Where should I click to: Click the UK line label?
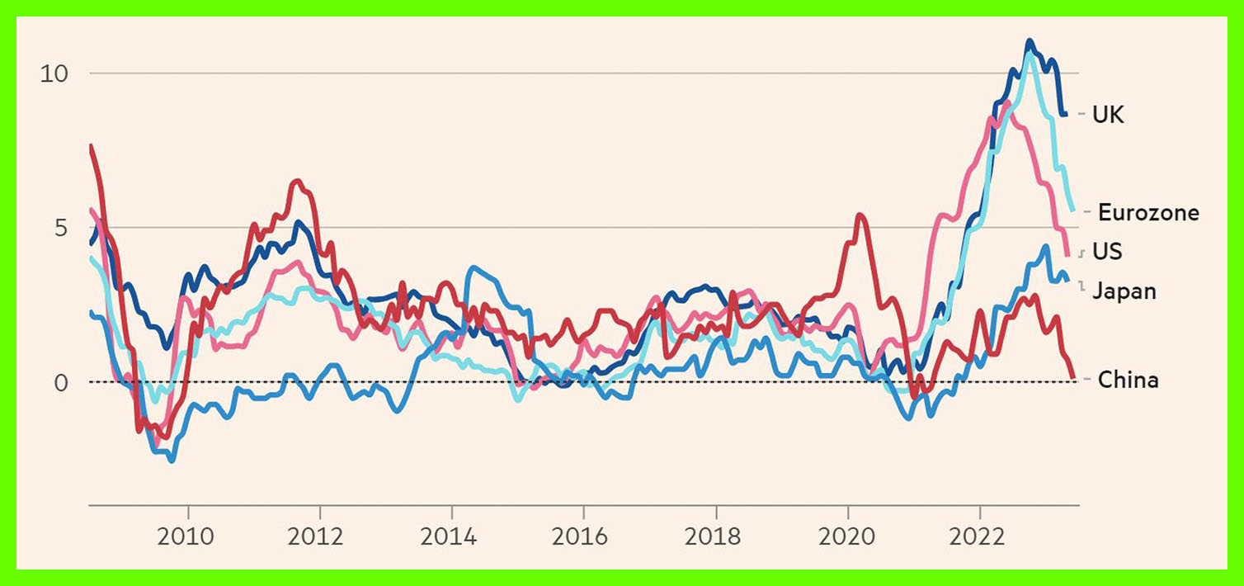click(x=1108, y=115)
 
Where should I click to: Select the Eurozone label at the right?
click(x=1147, y=213)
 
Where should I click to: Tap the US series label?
click(x=1107, y=251)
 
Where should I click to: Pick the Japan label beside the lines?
click(x=1124, y=291)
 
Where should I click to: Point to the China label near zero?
click(x=1129, y=380)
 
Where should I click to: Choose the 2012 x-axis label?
click(x=319, y=537)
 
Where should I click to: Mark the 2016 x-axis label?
click(x=583, y=537)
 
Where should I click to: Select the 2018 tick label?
click(x=715, y=537)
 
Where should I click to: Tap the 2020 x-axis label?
click(x=847, y=537)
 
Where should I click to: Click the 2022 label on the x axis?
click(x=979, y=537)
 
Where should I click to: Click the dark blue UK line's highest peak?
click(x=1029, y=40)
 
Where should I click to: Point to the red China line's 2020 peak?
click(x=860, y=215)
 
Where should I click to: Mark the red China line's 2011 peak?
click(x=298, y=181)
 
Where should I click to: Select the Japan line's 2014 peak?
click(x=472, y=267)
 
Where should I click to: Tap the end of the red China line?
click(x=1073, y=377)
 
